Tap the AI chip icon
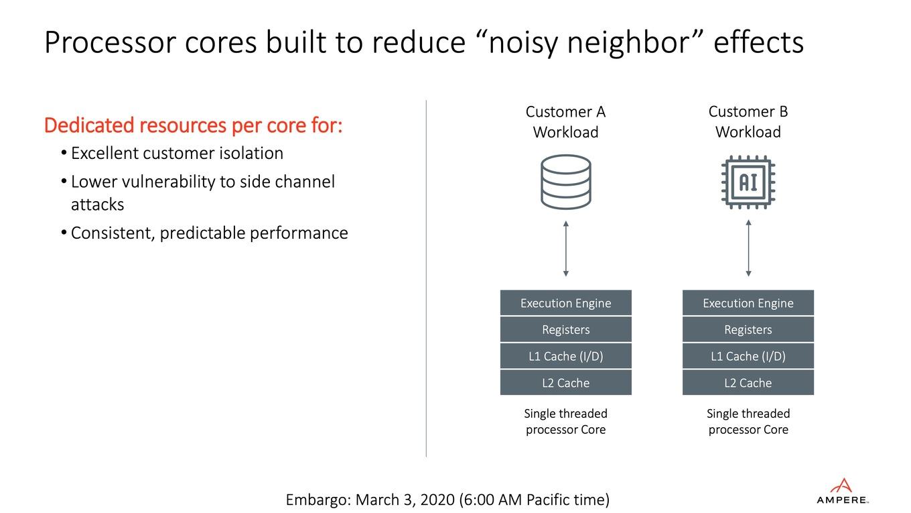click(x=748, y=182)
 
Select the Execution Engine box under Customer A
click(x=566, y=302)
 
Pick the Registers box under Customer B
click(x=748, y=329)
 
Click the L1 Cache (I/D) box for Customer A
click(x=566, y=356)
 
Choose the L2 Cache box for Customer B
click(x=748, y=382)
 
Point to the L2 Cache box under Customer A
click(x=566, y=382)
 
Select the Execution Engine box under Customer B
click(x=748, y=302)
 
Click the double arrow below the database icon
click(x=566, y=249)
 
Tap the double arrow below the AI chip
click(x=748, y=248)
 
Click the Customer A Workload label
click(x=566, y=122)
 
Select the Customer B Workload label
click(x=748, y=122)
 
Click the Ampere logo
click(x=842, y=492)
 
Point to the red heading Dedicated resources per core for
click(x=193, y=125)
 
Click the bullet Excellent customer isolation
click(x=172, y=153)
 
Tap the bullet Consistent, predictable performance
click(x=204, y=233)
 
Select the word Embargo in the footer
click(x=318, y=500)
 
